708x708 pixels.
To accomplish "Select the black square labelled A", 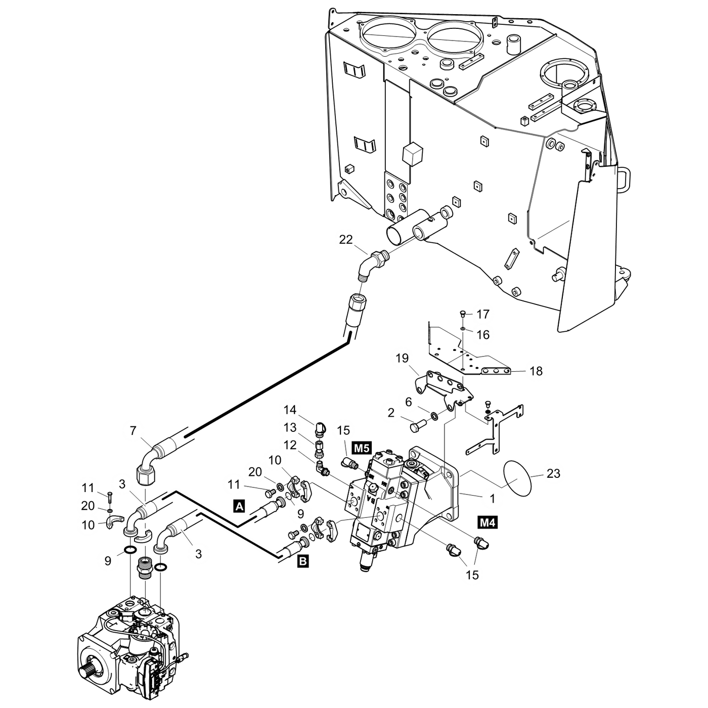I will click(x=240, y=504).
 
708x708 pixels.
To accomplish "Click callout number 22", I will click(x=346, y=240).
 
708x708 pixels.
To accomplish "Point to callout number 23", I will click(x=554, y=473).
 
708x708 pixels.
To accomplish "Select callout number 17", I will click(x=483, y=315).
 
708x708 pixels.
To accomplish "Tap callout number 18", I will click(x=536, y=371).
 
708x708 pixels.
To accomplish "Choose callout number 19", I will click(x=402, y=359).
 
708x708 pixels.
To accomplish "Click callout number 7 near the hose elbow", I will click(x=133, y=431).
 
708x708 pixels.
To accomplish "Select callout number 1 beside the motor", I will click(x=492, y=499).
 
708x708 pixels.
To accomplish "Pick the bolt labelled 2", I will click(x=417, y=428).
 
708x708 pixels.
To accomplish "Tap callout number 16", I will click(x=483, y=335).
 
